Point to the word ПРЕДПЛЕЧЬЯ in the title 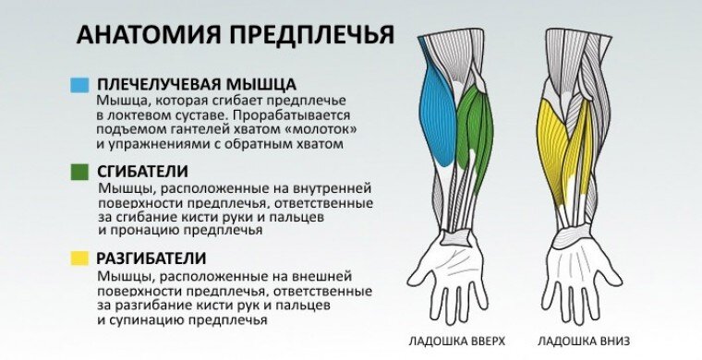(311, 35)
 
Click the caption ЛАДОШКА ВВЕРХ (448, 341)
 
